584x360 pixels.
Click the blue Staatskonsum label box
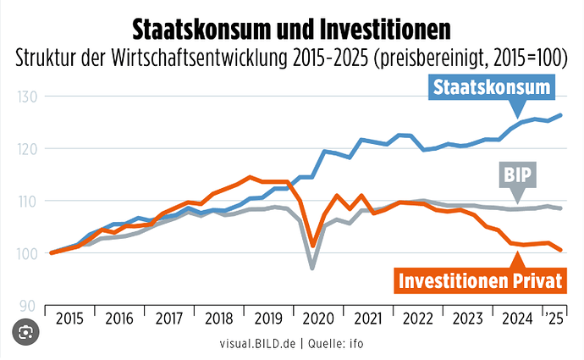[x=492, y=87]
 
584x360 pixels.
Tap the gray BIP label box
[x=518, y=174]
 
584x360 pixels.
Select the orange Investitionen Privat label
[x=480, y=280]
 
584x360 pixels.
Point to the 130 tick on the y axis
[x=27, y=97]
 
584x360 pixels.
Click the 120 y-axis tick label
[x=27, y=149]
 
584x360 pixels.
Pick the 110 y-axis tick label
[x=27, y=202]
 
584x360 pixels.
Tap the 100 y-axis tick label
[x=27, y=254]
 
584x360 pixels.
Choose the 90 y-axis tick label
[x=27, y=307]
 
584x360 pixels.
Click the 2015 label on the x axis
[x=69, y=318]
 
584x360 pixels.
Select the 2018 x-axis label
[x=219, y=318]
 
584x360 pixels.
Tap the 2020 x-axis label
[x=318, y=318]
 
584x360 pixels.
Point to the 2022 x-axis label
[x=418, y=318]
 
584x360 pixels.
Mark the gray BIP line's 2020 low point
[x=312, y=268]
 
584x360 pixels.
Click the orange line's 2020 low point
[x=313, y=246]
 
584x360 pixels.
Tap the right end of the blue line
[x=560, y=115]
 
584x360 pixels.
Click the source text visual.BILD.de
[x=257, y=343]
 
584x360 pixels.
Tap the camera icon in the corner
[x=25, y=332]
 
